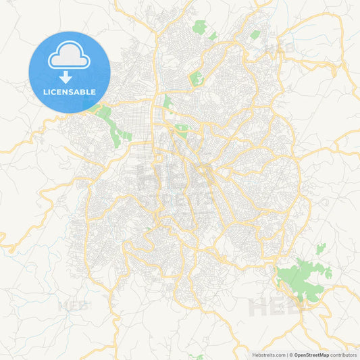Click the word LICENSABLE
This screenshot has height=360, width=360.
[70, 91]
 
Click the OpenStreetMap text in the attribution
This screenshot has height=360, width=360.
[311, 355]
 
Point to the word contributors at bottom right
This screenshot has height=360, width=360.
[344, 355]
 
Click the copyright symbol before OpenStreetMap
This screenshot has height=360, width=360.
[291, 355]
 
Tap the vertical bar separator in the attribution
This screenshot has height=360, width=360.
[287, 355]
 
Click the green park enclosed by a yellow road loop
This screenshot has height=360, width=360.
[197, 79]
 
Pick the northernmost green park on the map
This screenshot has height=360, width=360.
[199, 27]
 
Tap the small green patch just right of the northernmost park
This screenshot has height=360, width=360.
[213, 35]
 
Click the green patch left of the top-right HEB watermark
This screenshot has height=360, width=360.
[255, 34]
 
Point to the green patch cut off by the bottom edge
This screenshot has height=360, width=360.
[197, 357]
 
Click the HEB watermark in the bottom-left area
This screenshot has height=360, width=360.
[74, 305]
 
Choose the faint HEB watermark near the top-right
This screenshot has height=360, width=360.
[278, 49]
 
